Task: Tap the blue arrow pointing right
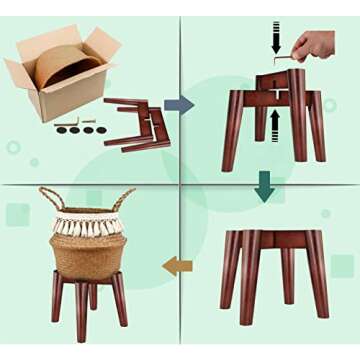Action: click(180, 104)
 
